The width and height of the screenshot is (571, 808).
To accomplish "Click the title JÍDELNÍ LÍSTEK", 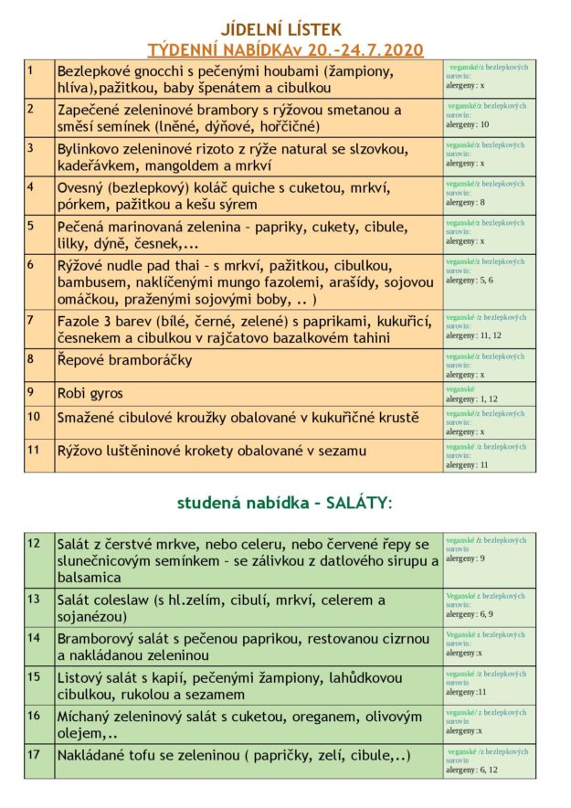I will click(x=285, y=29).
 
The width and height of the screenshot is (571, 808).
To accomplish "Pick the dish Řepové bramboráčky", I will click(x=125, y=360).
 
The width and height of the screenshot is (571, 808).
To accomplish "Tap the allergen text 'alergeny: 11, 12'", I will click(x=472, y=335).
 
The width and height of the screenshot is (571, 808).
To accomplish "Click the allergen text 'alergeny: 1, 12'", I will click(x=471, y=399).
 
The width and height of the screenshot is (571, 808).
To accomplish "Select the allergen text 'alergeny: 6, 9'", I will click(x=469, y=614).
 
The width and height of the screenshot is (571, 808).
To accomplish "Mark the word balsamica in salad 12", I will click(x=90, y=578).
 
